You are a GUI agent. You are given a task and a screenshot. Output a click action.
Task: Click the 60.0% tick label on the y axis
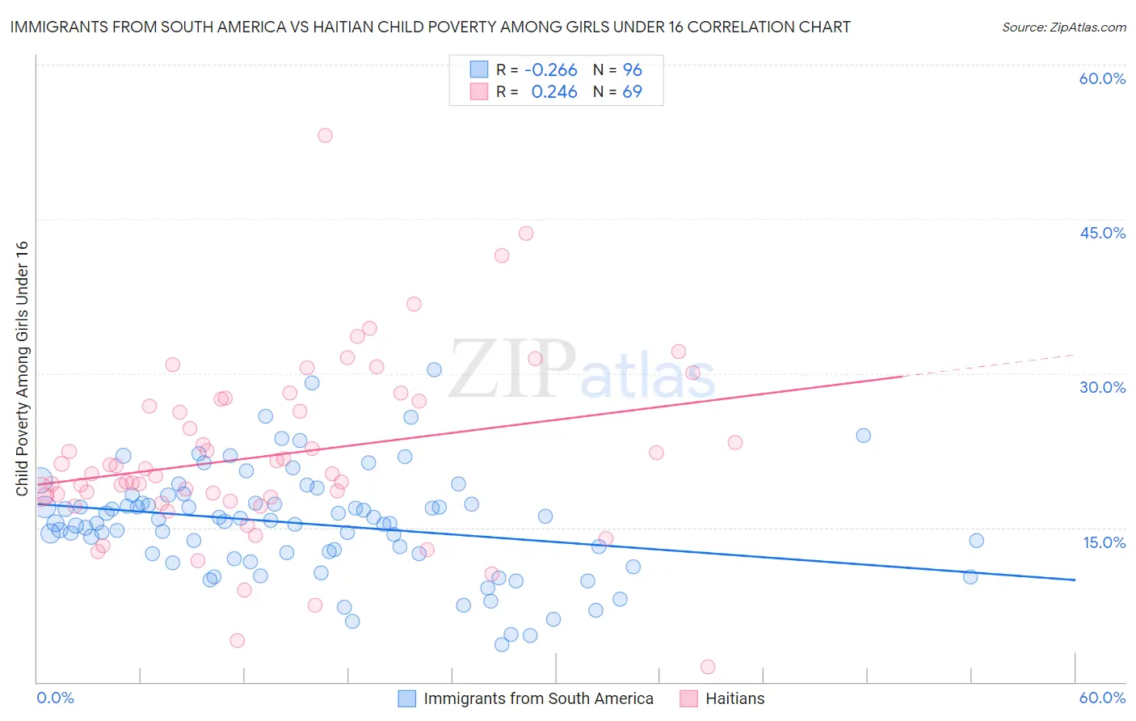click(x=1102, y=78)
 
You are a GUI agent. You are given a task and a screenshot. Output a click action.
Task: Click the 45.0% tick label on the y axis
click(x=1102, y=233)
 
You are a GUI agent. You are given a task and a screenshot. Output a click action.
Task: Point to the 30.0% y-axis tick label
click(x=1102, y=387)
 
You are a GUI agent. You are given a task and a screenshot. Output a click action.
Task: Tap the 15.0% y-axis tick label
click(x=1104, y=542)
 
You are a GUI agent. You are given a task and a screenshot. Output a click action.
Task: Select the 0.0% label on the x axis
click(x=55, y=698)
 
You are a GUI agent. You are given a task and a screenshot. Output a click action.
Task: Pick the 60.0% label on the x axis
click(x=1102, y=698)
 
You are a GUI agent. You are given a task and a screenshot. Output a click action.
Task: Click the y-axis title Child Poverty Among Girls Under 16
click(x=22, y=368)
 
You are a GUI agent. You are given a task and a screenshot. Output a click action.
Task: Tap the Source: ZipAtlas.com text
click(x=1063, y=27)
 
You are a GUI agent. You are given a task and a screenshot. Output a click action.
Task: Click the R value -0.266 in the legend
click(x=550, y=70)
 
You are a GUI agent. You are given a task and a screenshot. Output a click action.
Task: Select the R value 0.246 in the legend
click(x=553, y=91)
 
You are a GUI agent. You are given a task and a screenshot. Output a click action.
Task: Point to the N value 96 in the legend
click(x=632, y=70)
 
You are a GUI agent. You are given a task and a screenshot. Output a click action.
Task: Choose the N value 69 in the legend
click(x=632, y=91)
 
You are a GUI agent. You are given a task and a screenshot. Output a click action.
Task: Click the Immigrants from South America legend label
click(x=538, y=698)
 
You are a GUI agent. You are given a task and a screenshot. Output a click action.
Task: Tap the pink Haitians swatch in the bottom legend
click(x=688, y=698)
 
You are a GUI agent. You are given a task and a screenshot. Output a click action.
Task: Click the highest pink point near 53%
click(x=325, y=135)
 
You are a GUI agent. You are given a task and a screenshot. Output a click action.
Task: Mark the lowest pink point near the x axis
click(x=708, y=667)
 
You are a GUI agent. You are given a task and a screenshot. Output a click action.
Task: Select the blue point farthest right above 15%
click(x=976, y=541)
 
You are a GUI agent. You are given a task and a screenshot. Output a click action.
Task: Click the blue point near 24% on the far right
click(x=863, y=436)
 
